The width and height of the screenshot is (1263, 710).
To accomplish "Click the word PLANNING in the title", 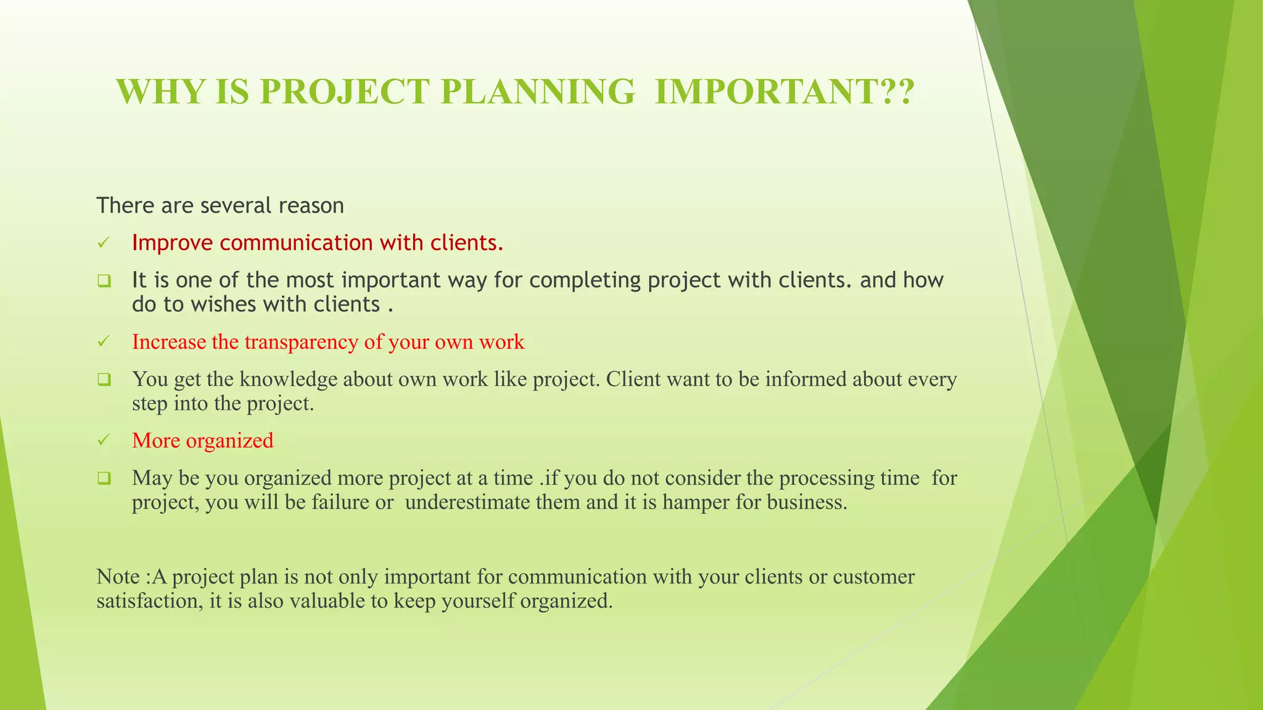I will pos(537,92).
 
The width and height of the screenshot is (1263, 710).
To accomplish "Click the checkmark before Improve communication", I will pos(104,243).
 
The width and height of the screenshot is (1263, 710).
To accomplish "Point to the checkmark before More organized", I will pos(104,441).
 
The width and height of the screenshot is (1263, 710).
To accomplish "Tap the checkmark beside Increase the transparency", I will pos(104,342).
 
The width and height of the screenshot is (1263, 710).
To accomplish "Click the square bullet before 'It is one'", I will pos(104,281).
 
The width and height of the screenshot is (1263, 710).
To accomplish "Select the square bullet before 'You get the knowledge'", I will pos(104,380).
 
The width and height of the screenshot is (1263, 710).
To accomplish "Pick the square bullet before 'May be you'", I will pos(104,478).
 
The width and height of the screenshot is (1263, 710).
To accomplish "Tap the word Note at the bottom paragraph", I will pos(118,577).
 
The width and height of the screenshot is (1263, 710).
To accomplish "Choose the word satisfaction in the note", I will pos(147,601).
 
